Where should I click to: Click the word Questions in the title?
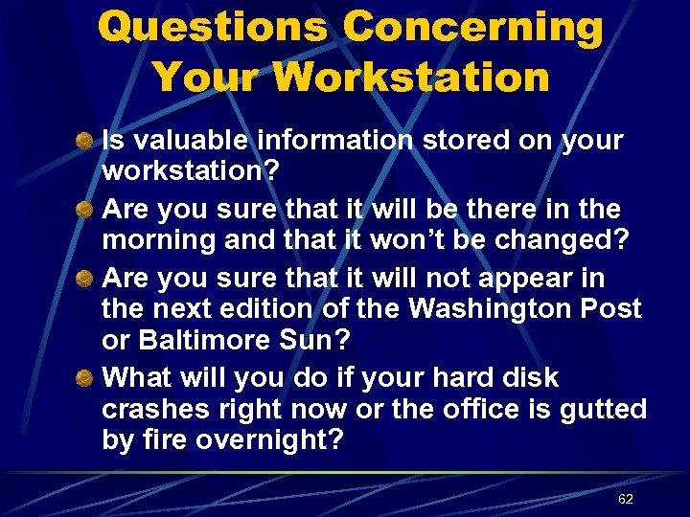tap(214, 28)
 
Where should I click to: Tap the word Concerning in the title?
tap(473, 28)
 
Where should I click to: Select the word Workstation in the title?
tap(411, 77)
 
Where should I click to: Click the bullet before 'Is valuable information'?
tap(84, 142)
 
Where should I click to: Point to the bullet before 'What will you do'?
tap(84, 380)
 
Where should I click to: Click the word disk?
tap(563, 379)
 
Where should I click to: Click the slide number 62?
tap(626, 500)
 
